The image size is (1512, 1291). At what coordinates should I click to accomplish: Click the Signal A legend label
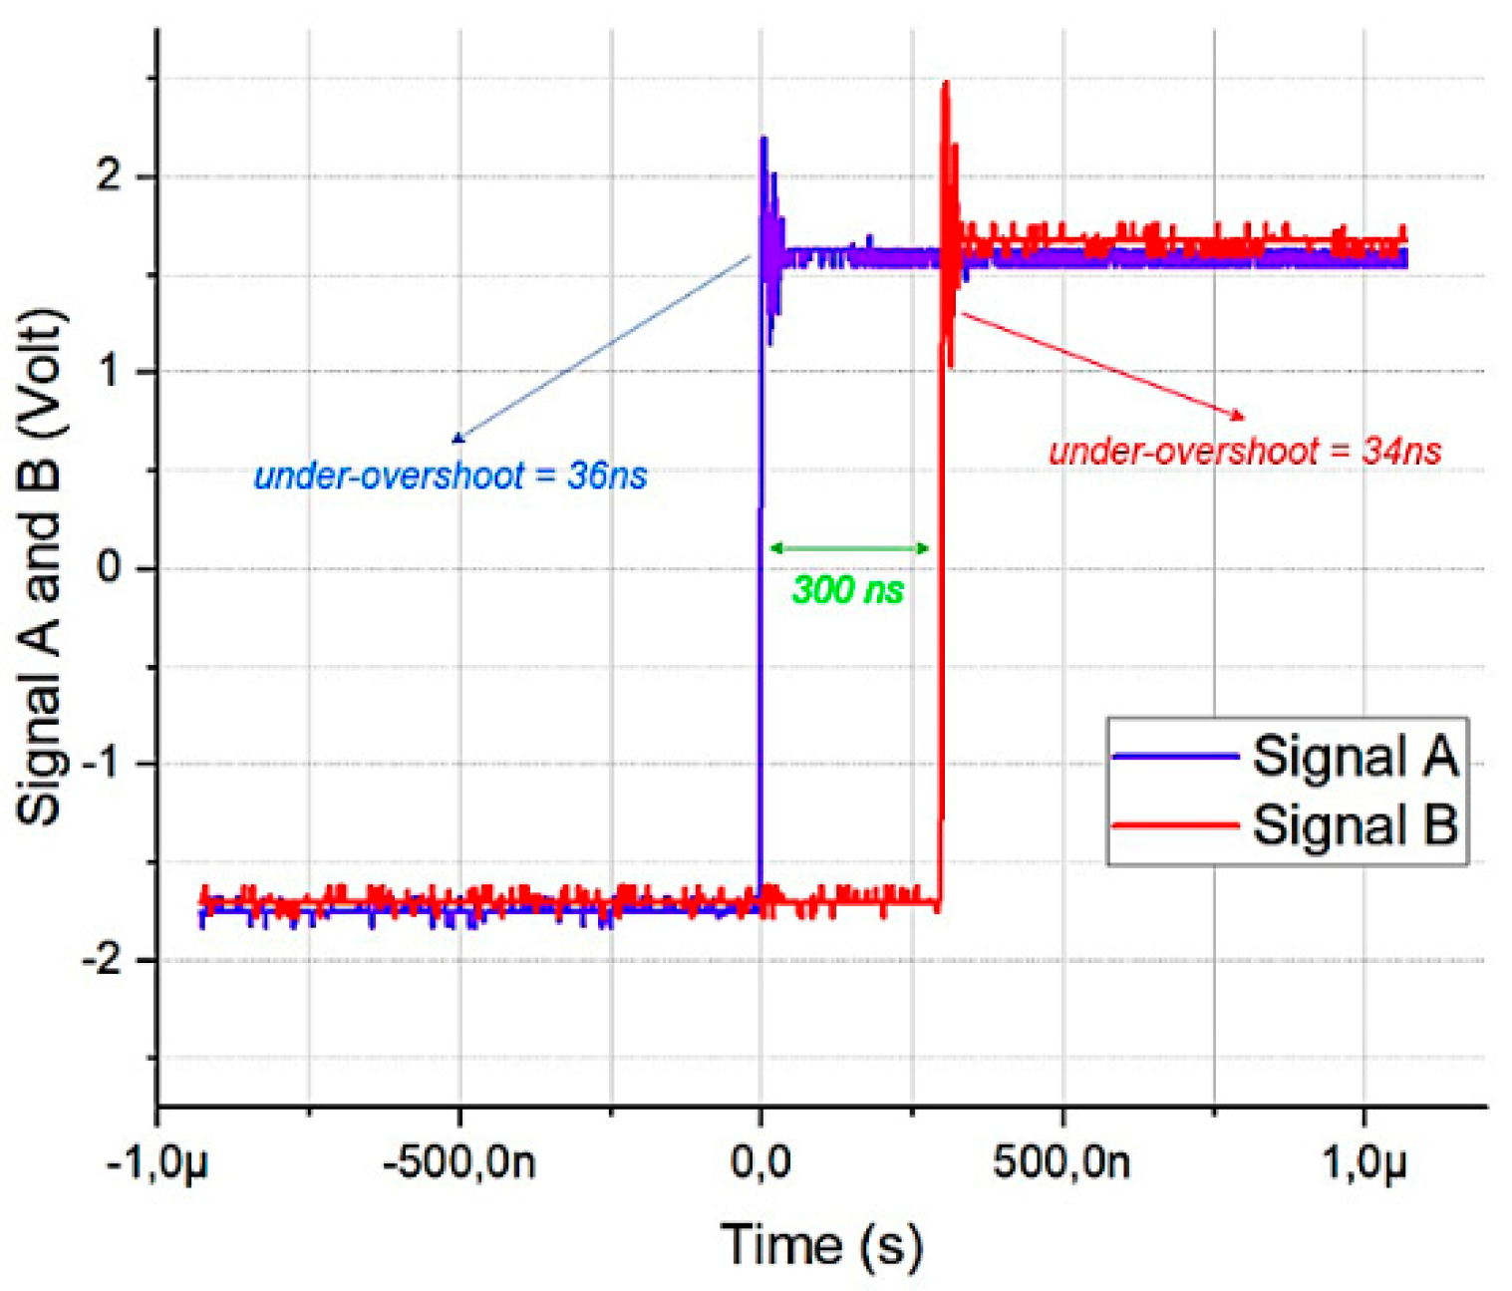[x=1354, y=757]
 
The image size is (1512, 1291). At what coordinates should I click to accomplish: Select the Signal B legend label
[x=1354, y=825]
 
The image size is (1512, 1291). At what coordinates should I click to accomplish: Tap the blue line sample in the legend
[x=1175, y=757]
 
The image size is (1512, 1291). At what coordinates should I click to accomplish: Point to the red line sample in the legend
[x=1175, y=825]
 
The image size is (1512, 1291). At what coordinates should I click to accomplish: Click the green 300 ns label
[x=847, y=590]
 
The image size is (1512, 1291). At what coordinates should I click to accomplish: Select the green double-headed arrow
[x=849, y=548]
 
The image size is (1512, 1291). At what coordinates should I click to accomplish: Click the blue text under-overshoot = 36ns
[x=451, y=477]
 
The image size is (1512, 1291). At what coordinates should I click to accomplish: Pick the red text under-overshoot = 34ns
[x=1245, y=452]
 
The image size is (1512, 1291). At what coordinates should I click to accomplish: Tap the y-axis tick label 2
[x=109, y=176]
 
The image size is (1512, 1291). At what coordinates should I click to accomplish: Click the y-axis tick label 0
[x=109, y=568]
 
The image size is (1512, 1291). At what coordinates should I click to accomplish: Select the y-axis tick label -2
[x=101, y=960]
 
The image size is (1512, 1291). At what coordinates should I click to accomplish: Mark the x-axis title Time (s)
[x=821, y=1245]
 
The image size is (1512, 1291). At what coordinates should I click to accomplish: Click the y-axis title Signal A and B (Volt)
[x=41, y=566]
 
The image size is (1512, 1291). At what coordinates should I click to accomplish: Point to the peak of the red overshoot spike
[x=945, y=84]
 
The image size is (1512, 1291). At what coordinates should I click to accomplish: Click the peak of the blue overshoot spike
[x=763, y=139]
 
